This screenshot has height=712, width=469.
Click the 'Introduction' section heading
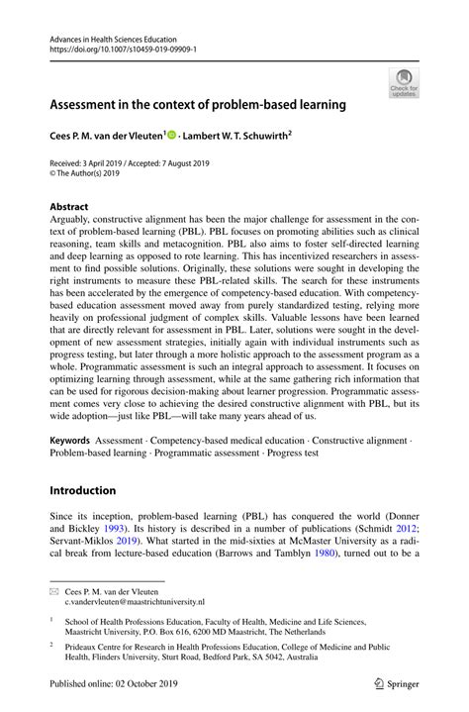[x=83, y=489]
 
